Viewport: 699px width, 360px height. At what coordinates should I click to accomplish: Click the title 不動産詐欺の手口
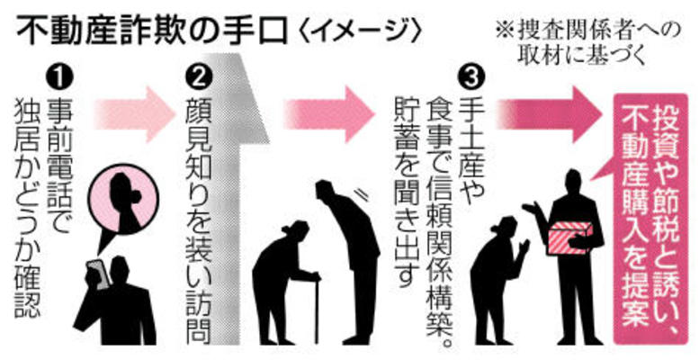151,31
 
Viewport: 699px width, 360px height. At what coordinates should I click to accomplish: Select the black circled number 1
59,77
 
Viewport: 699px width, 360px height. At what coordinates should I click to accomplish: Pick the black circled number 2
199,77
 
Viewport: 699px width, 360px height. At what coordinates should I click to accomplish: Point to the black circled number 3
471,77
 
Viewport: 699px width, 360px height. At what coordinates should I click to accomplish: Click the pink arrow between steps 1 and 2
136,114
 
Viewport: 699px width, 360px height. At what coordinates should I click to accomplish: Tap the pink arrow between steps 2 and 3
330,114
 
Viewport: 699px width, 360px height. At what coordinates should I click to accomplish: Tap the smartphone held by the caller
99,274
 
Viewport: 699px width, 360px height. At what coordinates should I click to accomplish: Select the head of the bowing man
326,191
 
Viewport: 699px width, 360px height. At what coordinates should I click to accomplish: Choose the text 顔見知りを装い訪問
199,220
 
